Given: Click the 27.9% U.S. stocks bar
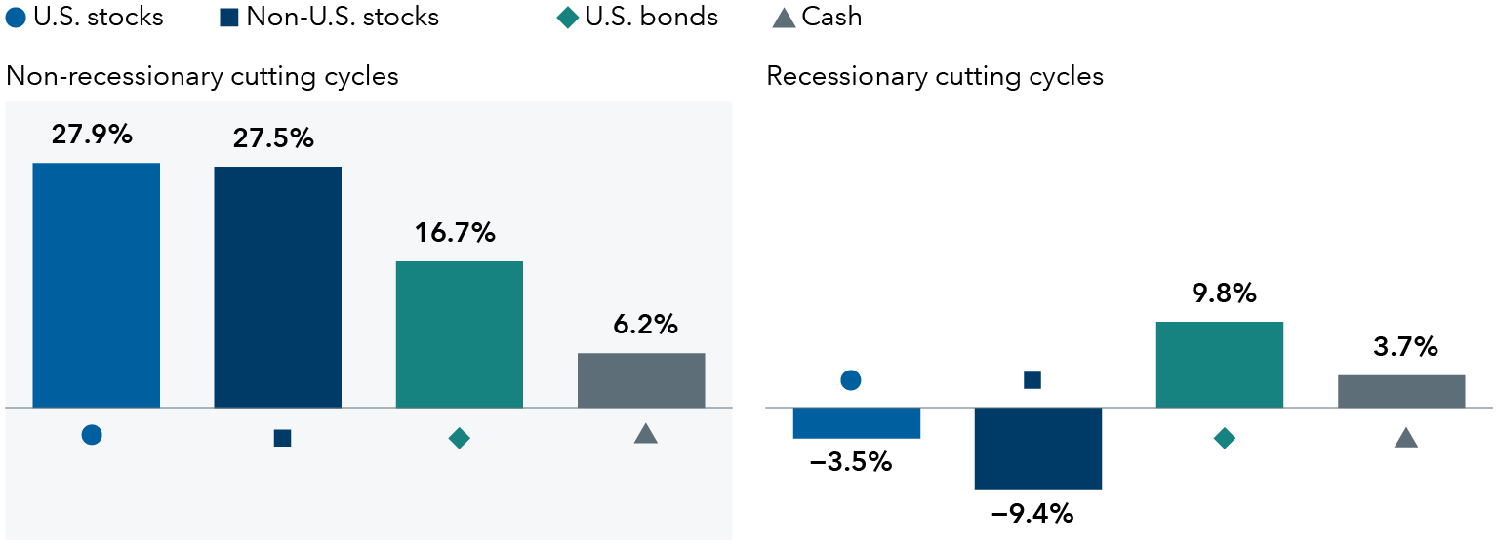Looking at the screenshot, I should click(x=96, y=285).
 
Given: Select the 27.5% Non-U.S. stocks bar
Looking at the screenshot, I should click(x=277, y=287).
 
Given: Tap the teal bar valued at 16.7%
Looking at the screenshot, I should click(x=459, y=333).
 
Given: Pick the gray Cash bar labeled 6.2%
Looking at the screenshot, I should click(x=641, y=380).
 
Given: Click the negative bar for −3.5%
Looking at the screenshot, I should click(x=856, y=423).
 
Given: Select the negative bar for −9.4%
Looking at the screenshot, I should click(x=1037, y=449).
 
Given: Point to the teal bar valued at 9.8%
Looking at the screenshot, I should click(x=1219, y=364).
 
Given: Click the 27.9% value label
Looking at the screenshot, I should click(x=92, y=135).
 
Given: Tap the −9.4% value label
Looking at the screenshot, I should click(x=1032, y=514).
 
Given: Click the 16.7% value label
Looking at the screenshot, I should click(x=456, y=233).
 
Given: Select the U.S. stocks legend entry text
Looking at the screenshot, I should click(x=98, y=17).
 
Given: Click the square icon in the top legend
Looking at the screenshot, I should click(x=229, y=17).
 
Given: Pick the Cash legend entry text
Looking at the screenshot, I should click(x=831, y=17).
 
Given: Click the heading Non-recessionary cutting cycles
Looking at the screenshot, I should click(x=202, y=76).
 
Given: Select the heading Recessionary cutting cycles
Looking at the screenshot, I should click(x=935, y=76).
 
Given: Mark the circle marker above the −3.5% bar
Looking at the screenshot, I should click(x=850, y=379).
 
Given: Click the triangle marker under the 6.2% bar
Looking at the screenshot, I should click(x=645, y=434).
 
